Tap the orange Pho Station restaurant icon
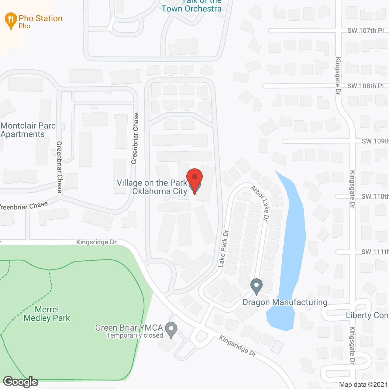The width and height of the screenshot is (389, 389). [11, 20]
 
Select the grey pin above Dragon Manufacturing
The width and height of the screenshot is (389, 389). [256, 286]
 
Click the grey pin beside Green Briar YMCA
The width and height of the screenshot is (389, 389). [171, 329]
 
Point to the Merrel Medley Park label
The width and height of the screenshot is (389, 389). [47, 314]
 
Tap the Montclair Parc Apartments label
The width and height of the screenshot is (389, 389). [28, 130]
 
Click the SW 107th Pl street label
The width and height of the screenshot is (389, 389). [366, 31]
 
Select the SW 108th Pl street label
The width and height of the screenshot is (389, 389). [366, 86]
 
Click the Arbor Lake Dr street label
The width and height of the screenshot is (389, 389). [260, 203]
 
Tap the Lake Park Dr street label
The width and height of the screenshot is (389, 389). [223, 249]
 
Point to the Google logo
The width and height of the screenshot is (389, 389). [21, 381]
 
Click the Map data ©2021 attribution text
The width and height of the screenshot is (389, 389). [363, 385]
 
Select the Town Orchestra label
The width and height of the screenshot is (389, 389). [191, 9]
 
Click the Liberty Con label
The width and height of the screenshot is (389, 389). [367, 315]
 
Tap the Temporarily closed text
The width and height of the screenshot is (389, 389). [135, 336]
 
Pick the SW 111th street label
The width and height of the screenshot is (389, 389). [375, 252]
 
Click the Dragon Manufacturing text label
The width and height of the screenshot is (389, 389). [285, 302]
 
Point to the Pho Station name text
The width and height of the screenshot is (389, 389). [40, 19]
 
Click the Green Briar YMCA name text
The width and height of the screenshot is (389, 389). [129, 328]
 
